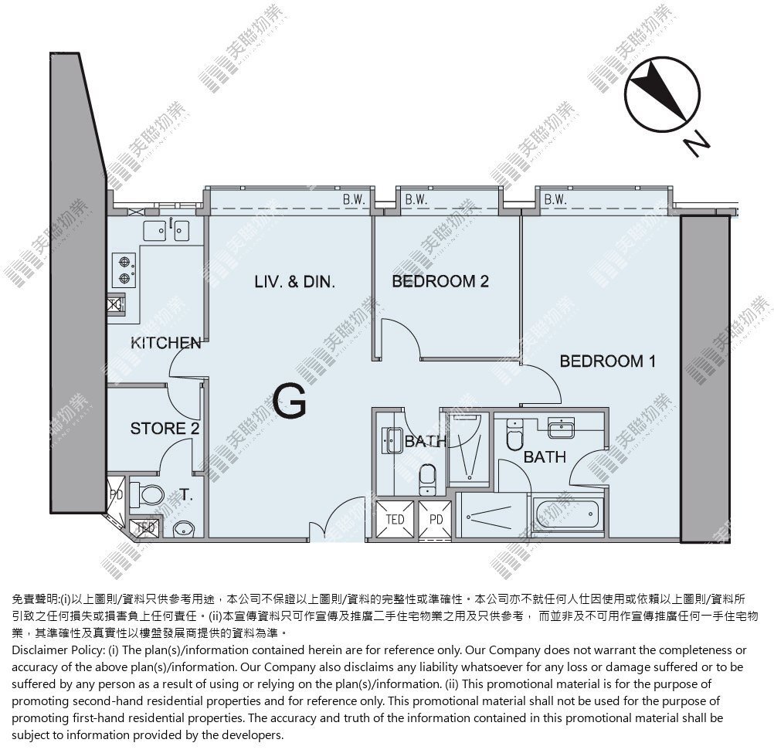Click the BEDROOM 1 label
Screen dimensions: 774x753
(x=608, y=361)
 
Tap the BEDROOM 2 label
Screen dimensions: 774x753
(x=440, y=281)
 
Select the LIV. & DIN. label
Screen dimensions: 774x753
(x=295, y=282)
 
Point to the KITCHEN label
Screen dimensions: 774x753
(x=166, y=342)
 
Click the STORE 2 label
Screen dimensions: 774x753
(x=165, y=429)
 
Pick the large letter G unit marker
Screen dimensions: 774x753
(x=289, y=402)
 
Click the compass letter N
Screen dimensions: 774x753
(x=697, y=144)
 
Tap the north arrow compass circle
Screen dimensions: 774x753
(x=662, y=95)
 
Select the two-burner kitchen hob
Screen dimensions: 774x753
(x=124, y=270)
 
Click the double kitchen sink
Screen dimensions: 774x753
(x=166, y=230)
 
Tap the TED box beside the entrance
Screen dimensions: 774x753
(x=395, y=519)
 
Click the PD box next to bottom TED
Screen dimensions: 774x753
(x=436, y=519)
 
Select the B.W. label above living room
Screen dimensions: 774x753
(x=354, y=200)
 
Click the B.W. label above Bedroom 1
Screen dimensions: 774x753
(x=555, y=199)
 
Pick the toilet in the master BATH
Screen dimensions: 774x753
(x=514, y=435)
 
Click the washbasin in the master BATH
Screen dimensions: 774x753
(x=562, y=427)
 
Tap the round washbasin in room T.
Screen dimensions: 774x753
(x=184, y=529)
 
